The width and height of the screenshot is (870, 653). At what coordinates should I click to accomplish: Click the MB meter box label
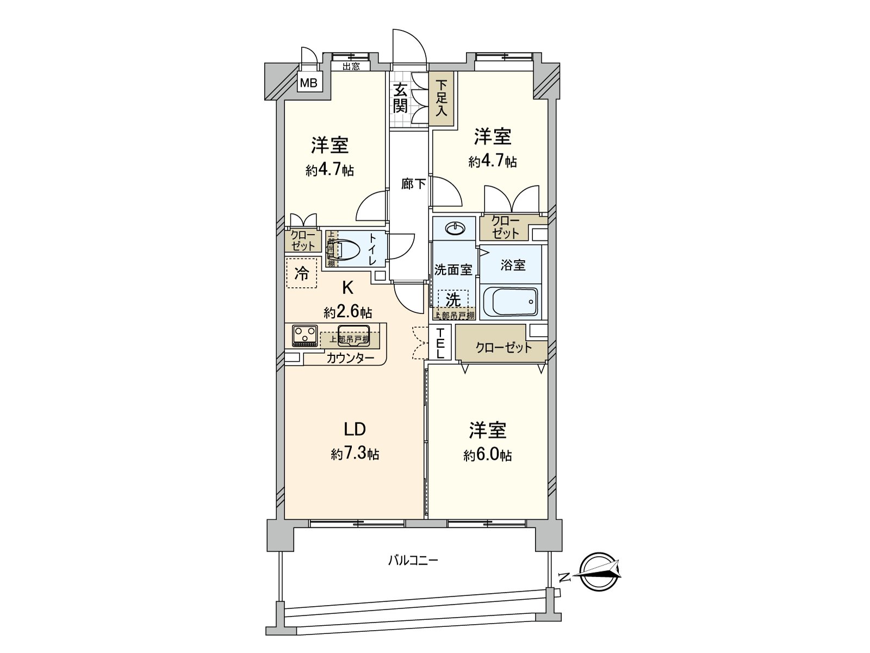[309, 84]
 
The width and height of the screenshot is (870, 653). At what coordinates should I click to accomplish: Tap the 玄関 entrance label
[400, 98]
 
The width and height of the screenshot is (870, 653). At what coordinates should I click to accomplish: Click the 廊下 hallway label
[413, 184]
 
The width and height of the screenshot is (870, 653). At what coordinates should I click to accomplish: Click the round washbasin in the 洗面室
[454, 229]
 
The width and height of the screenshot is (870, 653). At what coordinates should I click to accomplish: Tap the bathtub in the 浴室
[511, 301]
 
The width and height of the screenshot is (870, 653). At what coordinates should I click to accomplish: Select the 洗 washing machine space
[453, 299]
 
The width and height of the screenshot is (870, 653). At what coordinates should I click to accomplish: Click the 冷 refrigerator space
[301, 273]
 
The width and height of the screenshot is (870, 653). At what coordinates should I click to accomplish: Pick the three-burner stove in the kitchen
[304, 335]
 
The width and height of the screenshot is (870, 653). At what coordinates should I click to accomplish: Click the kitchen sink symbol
[353, 333]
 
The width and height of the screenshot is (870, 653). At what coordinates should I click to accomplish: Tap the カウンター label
[350, 358]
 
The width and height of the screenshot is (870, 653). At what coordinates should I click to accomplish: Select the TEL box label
[440, 343]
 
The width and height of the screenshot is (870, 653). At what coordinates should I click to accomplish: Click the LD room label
[354, 430]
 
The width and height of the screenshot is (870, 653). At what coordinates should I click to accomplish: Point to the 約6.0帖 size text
[488, 455]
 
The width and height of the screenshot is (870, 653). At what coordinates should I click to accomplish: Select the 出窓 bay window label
[351, 67]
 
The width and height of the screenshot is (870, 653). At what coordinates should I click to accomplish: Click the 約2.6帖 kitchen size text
[348, 312]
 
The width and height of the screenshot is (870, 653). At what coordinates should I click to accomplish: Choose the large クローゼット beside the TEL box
[503, 347]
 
